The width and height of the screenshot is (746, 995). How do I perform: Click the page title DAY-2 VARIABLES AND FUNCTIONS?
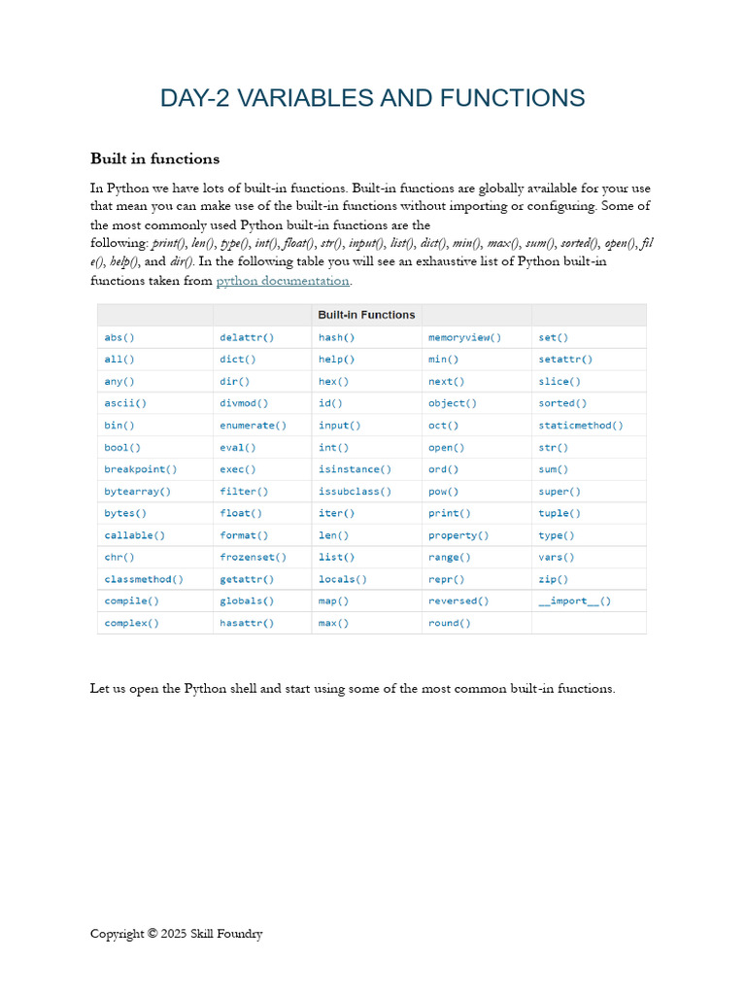(x=372, y=98)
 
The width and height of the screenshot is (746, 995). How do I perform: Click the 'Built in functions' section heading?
(x=154, y=158)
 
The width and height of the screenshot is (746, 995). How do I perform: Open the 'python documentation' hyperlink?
(x=282, y=281)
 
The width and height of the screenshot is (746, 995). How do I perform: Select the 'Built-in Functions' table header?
(x=366, y=315)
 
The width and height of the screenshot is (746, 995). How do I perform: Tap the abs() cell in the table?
(x=119, y=337)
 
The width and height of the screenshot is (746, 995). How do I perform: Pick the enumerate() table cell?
(x=253, y=426)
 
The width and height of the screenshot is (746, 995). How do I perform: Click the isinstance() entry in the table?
(x=355, y=469)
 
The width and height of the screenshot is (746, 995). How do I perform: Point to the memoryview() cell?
(x=464, y=337)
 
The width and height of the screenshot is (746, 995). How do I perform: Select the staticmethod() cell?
(x=581, y=426)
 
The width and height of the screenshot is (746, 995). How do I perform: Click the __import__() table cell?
(x=575, y=600)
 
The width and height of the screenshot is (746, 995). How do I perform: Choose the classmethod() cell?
(x=144, y=579)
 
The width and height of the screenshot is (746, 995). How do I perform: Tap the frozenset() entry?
(x=253, y=557)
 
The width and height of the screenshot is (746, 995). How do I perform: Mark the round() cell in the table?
(x=449, y=623)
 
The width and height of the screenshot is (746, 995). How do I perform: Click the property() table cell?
(x=458, y=535)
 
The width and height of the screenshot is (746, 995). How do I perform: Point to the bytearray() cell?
(x=137, y=492)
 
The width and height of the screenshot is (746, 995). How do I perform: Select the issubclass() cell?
(x=355, y=492)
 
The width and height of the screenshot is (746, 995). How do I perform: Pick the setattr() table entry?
(x=565, y=360)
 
